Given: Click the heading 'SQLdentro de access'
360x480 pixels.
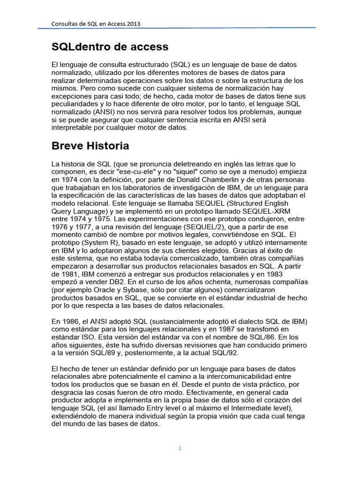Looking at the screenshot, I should tap(110, 47).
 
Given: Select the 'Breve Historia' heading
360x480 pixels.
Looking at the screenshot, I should tap(90, 146).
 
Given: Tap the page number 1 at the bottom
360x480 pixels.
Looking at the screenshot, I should tap(180, 448).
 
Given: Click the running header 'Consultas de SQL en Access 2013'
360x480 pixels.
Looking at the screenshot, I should tap(96, 23).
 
